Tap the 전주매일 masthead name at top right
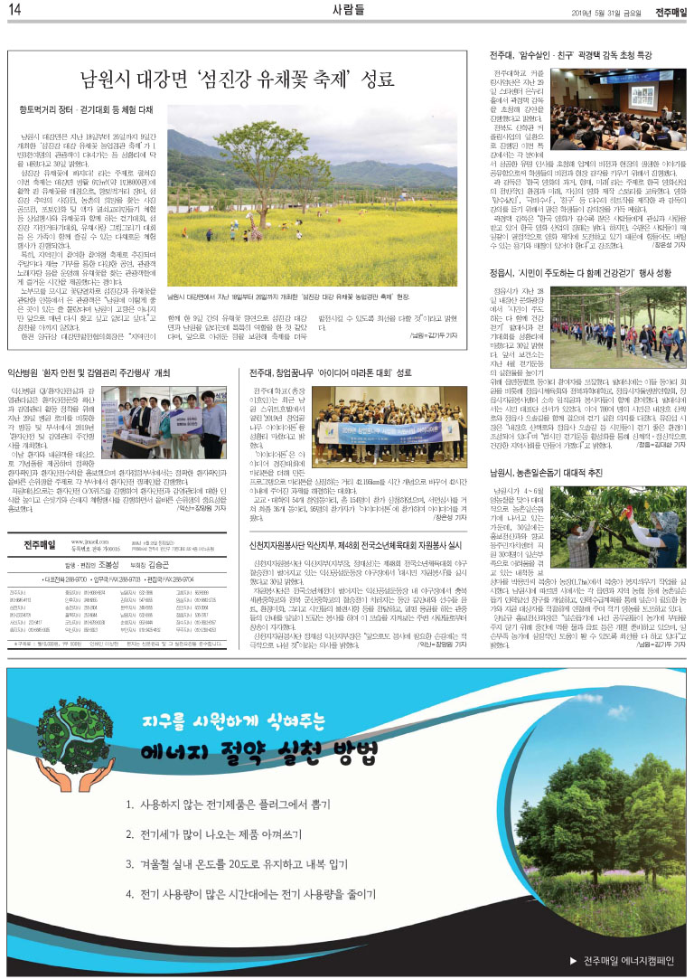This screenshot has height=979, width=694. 669,11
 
